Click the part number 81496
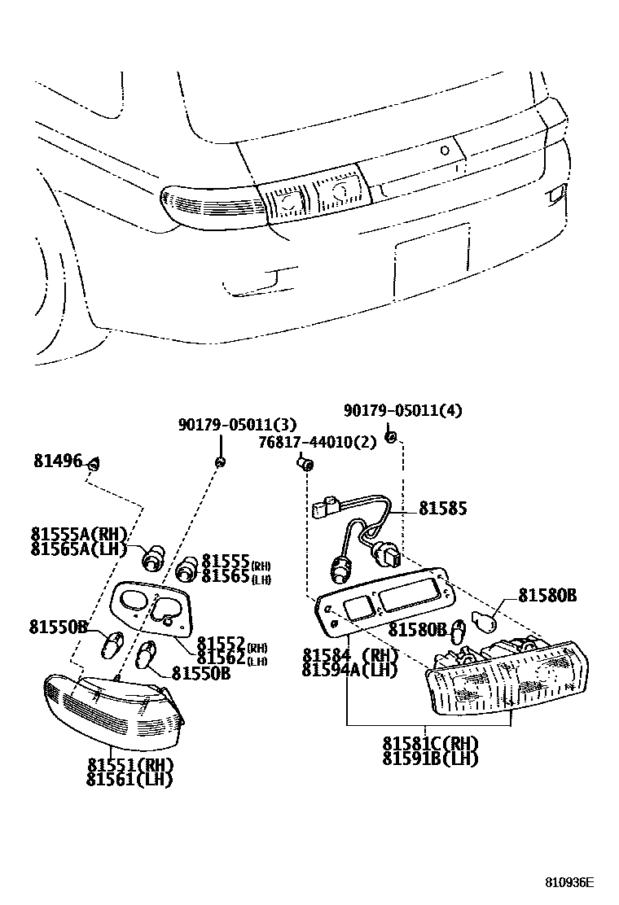pyautogui.click(x=58, y=461)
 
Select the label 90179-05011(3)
pyautogui.click(x=237, y=424)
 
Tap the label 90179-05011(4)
pyautogui.click(x=402, y=411)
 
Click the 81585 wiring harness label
pyautogui.click(x=443, y=509)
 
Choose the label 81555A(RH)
pyautogui.click(x=80, y=534)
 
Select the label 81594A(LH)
pyautogui.click(x=349, y=669)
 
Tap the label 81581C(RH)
pyautogui.click(x=431, y=744)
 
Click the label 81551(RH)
pyautogui.click(x=130, y=765)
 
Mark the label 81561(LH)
pyautogui.click(x=130, y=779)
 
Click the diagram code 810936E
pyautogui.click(x=570, y=882)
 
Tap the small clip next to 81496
pyautogui.click(x=93, y=464)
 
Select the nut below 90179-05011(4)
pyautogui.click(x=391, y=438)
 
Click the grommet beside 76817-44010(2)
pyautogui.click(x=305, y=465)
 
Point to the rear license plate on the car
pyautogui.click(x=431, y=249)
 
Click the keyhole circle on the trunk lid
pyautogui.click(x=444, y=150)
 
